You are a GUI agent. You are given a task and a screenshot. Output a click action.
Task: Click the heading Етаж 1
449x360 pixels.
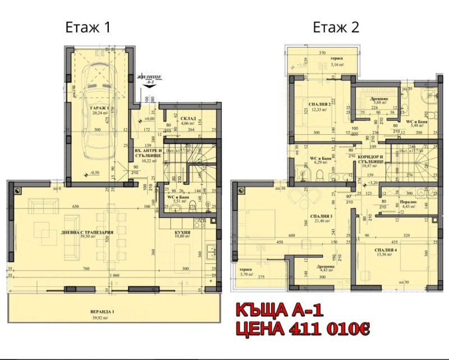[89, 27]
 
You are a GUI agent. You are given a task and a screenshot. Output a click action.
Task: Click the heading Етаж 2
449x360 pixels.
[336, 27]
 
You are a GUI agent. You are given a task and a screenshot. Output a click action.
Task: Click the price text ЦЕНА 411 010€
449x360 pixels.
[303, 328]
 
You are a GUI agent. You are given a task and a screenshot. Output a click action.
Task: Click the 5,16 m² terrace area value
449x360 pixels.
[337, 65]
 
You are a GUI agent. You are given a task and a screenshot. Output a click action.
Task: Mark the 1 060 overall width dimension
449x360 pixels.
[116, 276]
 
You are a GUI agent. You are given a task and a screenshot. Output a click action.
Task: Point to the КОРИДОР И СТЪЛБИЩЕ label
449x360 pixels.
[371, 158]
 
